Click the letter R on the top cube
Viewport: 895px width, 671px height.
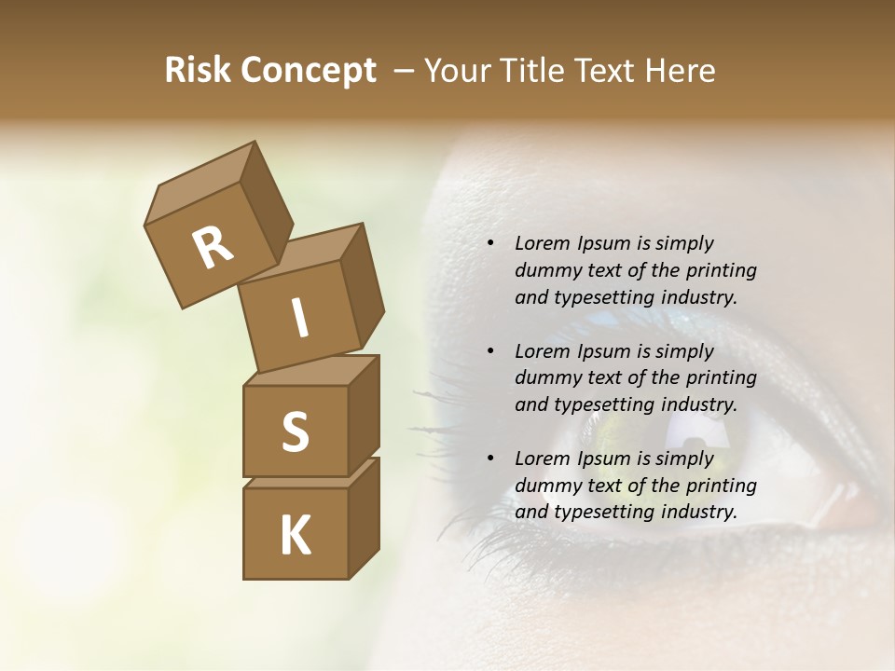tap(213, 247)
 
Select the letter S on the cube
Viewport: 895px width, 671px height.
tap(295, 431)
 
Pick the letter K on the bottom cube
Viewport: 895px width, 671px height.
tap(295, 535)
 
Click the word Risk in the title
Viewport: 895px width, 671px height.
tap(198, 71)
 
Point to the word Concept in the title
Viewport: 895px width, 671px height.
tap(308, 71)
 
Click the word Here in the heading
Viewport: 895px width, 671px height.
tap(682, 71)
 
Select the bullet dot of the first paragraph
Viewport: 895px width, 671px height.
tap(490, 244)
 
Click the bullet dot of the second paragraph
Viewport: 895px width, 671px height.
tap(490, 352)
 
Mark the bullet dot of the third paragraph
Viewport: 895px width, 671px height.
tap(490, 459)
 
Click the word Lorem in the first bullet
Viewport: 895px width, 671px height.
tap(542, 244)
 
